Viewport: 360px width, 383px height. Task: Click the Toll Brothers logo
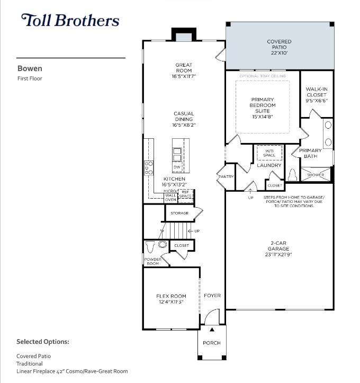click(70, 21)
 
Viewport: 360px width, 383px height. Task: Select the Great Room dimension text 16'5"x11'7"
click(184, 77)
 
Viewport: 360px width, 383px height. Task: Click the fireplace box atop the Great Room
click(184, 35)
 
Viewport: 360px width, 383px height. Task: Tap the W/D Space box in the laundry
click(269, 153)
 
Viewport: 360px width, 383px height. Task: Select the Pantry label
click(226, 176)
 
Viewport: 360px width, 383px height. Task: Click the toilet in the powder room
click(151, 246)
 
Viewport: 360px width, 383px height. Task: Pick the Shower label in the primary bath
click(316, 175)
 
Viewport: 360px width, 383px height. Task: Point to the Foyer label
click(212, 296)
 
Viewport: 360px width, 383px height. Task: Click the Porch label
click(212, 343)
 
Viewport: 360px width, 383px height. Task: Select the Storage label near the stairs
click(179, 213)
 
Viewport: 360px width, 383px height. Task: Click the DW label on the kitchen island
click(176, 167)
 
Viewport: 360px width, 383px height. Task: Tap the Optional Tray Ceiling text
click(263, 76)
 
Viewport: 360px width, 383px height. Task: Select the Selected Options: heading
click(43, 342)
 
